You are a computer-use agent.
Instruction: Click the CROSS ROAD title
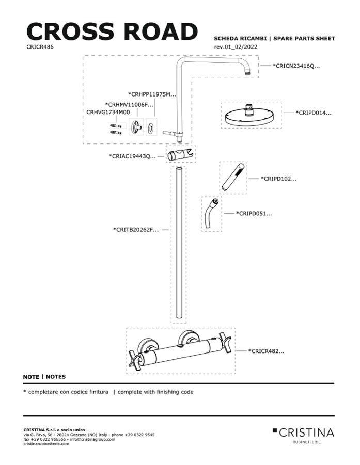[x=112, y=31]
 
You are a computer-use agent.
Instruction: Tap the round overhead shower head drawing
[x=250, y=115]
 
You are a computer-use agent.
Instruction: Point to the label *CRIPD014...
[x=313, y=113]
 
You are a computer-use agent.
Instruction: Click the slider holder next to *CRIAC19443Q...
[x=181, y=154]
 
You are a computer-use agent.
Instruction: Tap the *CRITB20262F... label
[x=136, y=229]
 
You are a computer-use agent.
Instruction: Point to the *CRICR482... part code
[x=267, y=351]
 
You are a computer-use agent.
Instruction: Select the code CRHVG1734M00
[x=108, y=111]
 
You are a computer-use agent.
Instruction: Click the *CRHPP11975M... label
[x=152, y=94]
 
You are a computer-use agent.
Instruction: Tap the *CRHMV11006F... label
[x=129, y=104]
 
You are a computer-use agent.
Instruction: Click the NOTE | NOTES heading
[x=44, y=377]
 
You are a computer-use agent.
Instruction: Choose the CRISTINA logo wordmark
[x=306, y=432]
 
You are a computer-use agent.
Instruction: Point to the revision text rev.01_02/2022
[x=236, y=47]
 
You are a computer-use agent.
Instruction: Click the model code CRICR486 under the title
[x=40, y=46]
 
